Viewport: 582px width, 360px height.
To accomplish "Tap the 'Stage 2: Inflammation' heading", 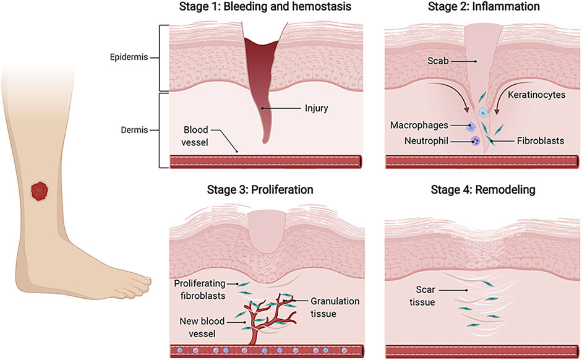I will click(483, 7).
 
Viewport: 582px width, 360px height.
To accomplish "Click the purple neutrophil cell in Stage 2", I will click(476, 142).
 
